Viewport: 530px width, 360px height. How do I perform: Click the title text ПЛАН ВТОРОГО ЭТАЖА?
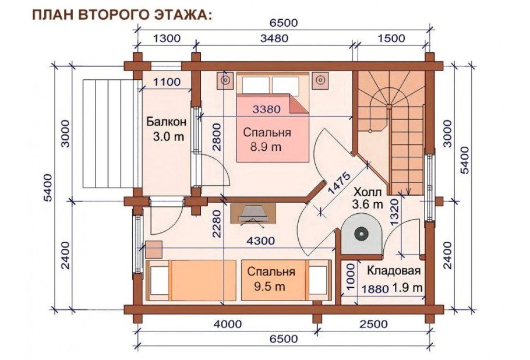point(122,14)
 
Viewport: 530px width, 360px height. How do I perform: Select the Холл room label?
point(368,192)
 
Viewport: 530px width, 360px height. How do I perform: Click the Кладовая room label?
point(393,272)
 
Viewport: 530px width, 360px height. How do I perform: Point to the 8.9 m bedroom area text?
point(266,147)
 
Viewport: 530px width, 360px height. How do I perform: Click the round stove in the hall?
point(361,234)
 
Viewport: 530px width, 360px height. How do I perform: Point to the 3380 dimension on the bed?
point(267,108)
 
